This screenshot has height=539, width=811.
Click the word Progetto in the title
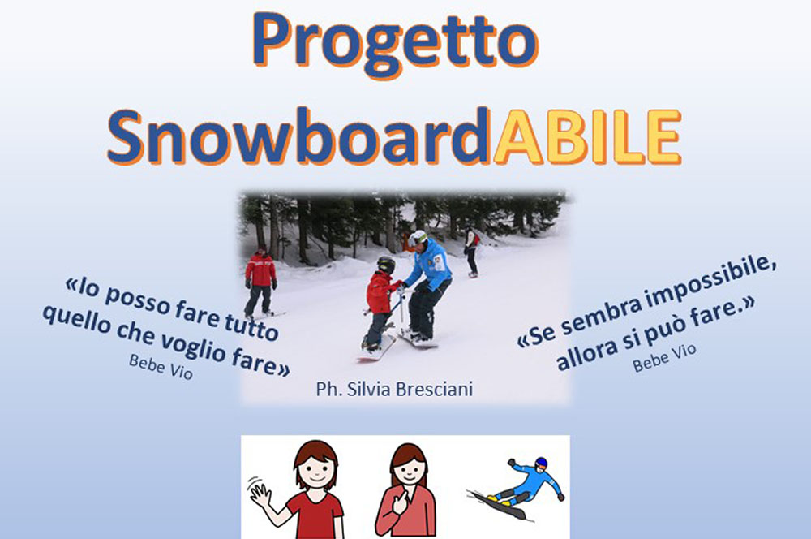coord(396,45)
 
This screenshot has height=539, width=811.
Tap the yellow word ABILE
coord(586,136)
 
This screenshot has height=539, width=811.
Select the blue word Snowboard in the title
coord(300,136)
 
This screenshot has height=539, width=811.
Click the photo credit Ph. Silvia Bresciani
coord(394,389)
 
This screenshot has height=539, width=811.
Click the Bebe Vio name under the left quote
coord(161,367)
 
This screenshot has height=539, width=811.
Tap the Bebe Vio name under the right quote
coord(664,357)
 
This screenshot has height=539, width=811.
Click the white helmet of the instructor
coord(418,238)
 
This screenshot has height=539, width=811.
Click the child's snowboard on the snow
coord(376,349)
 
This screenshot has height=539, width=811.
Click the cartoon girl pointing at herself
coord(405,490)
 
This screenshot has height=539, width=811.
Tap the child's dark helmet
coord(386,265)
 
